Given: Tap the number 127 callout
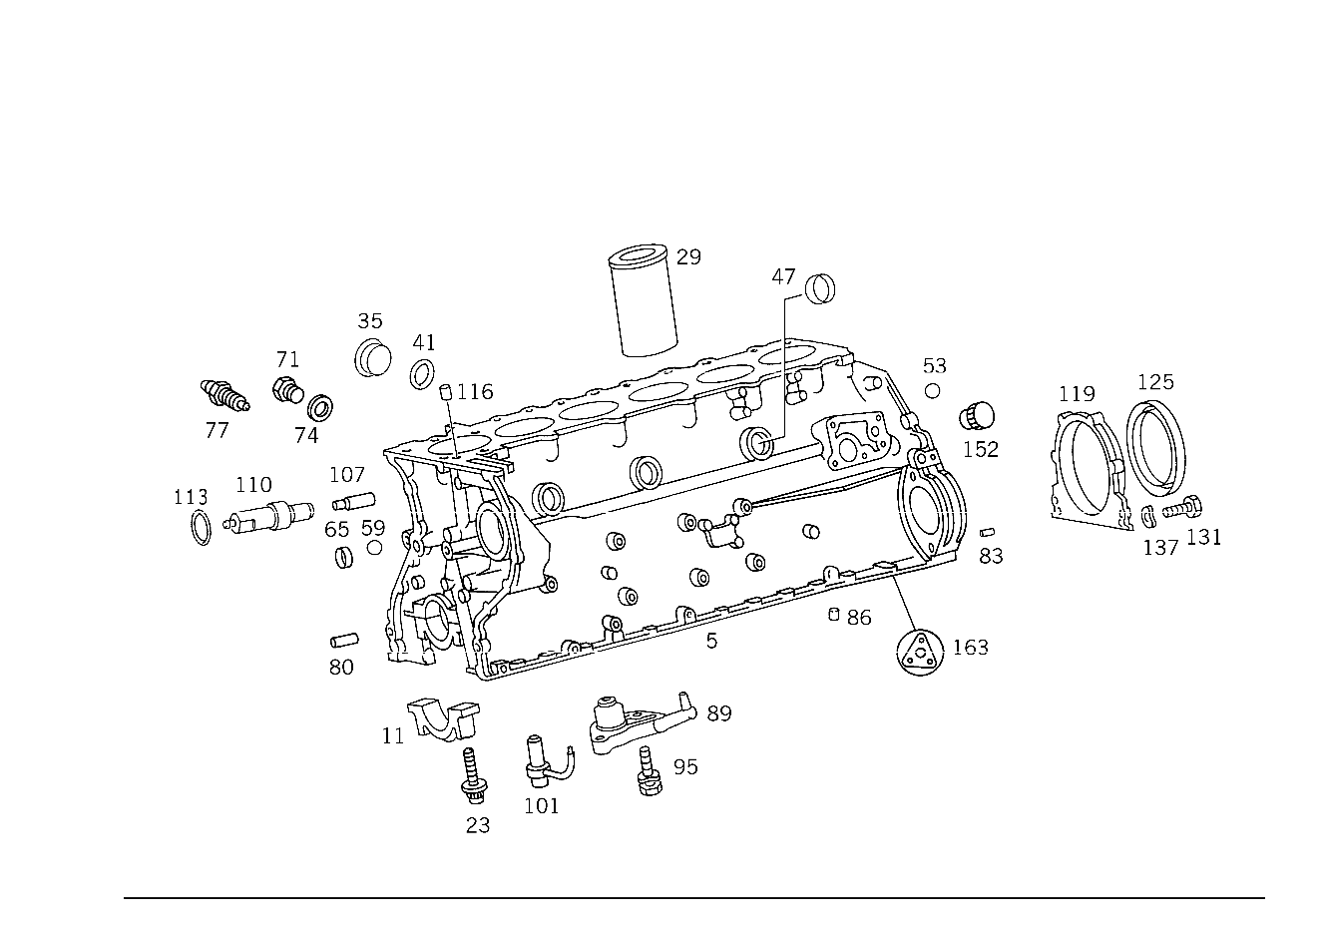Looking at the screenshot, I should [1155, 382].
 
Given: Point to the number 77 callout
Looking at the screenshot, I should [217, 432].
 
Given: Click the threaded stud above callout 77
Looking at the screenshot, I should [224, 396].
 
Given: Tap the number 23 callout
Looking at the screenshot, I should [478, 825].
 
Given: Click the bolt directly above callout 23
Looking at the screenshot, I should [474, 778].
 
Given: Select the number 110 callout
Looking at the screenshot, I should [191, 497].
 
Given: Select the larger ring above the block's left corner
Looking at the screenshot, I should [373, 358].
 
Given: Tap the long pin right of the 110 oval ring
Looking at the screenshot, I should [267, 520].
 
